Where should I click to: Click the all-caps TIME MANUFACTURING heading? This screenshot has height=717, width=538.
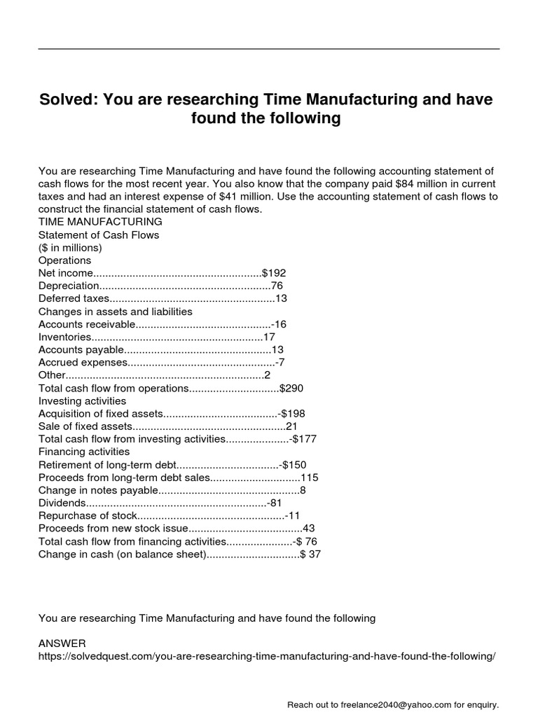100,222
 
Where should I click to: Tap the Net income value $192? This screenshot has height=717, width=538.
274,273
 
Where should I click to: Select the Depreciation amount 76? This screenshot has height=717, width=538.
277,286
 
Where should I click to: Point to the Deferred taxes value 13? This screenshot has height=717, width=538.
282,298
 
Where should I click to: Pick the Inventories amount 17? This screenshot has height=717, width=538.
269,337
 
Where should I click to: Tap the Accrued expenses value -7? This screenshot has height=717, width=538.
280,362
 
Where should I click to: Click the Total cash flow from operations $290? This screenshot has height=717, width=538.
291,388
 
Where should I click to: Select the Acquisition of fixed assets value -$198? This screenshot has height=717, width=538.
291,413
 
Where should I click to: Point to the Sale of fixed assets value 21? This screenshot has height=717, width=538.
292,426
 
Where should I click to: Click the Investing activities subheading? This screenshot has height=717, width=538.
82,401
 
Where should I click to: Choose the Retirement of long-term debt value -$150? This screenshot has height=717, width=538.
293,464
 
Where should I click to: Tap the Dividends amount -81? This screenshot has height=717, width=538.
275,503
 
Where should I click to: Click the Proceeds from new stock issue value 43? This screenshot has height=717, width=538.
309,528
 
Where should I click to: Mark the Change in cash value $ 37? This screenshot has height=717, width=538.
310,554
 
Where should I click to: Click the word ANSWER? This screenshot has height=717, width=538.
62,643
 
